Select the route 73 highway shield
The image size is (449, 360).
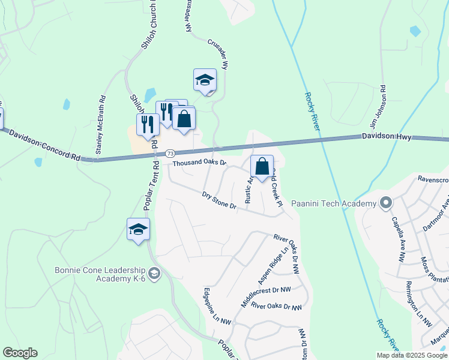(x=170, y=154)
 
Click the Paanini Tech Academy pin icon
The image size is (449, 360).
(x=385, y=203)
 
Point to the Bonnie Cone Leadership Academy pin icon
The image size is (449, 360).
(x=154, y=274)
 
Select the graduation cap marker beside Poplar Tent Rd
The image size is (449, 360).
(x=138, y=229)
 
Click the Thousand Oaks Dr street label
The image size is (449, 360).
(x=199, y=163)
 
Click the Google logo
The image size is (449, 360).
(x=20, y=353)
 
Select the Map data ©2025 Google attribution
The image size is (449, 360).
(x=412, y=355)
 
